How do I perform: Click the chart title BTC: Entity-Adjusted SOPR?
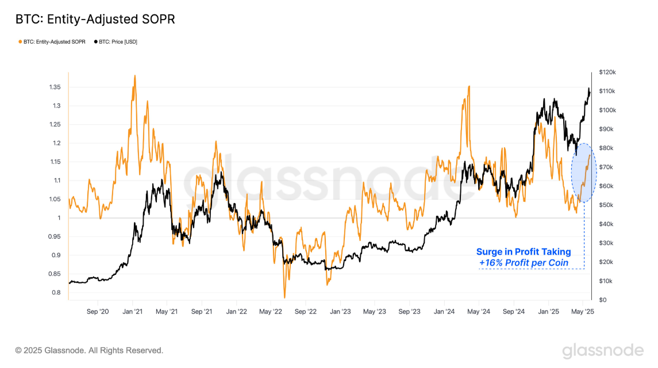[95, 20]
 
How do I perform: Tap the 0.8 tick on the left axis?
[56, 293]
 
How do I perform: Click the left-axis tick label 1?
[59, 218]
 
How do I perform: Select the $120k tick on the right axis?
[607, 72]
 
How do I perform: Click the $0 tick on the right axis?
[602, 300]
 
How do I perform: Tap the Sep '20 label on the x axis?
[97, 312]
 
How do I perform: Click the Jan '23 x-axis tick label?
[340, 312]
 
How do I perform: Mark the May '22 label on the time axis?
[270, 312]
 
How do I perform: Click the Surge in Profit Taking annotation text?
[524, 252]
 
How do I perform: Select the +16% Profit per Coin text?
[524, 263]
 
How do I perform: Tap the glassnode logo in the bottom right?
[602, 350]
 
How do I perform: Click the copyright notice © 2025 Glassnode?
[89, 350]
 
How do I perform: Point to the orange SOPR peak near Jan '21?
[134, 76]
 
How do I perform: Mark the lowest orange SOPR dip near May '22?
[284, 297]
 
